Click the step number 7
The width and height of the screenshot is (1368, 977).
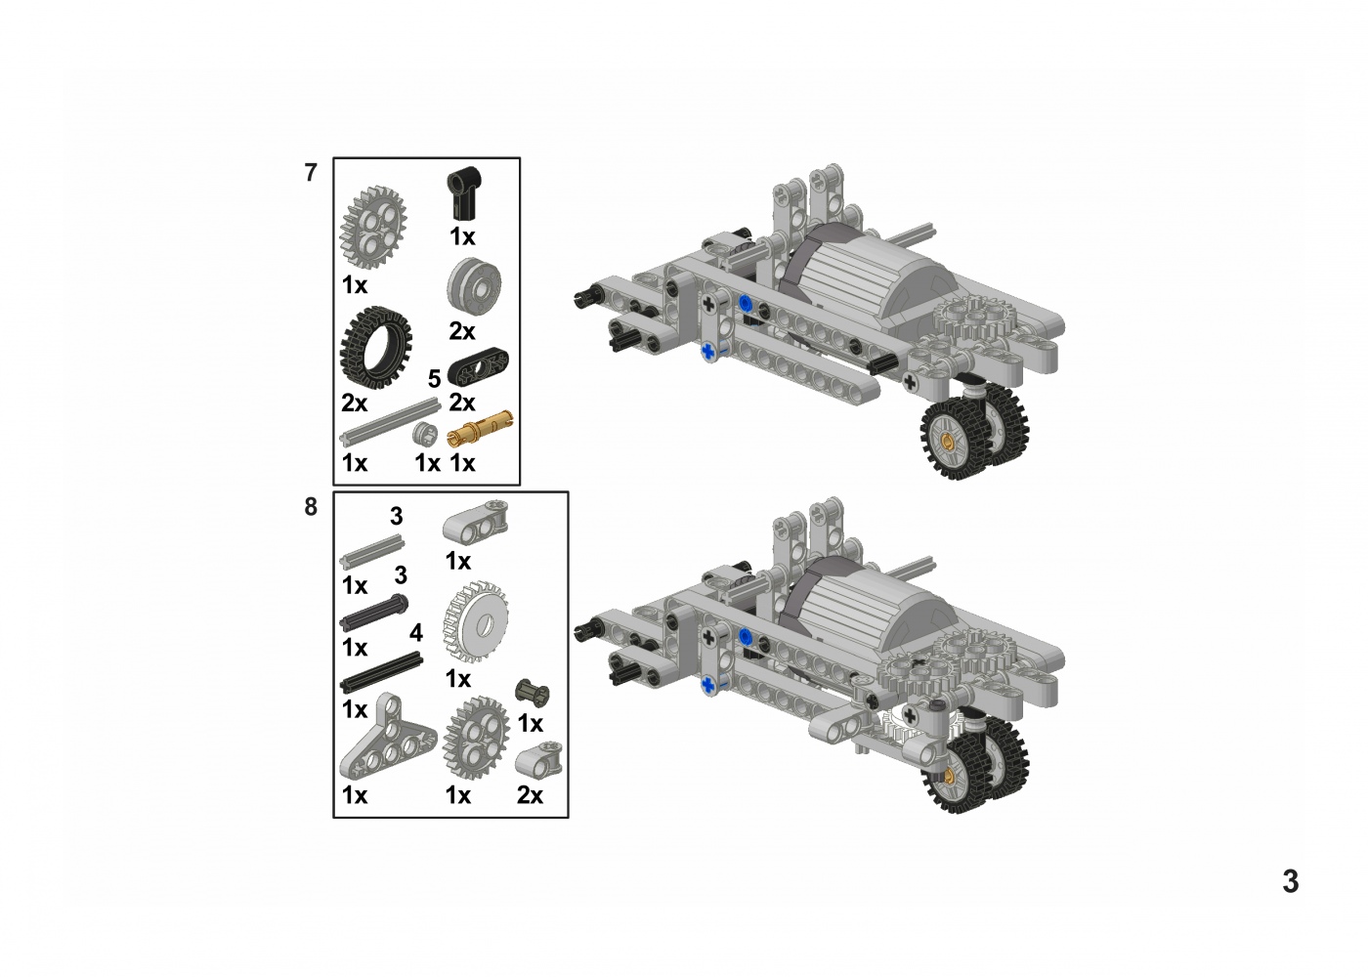tap(311, 173)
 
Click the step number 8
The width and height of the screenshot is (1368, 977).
tap(311, 507)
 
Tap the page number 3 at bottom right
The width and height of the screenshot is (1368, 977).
tap(1290, 881)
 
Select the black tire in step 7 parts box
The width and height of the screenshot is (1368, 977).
tap(375, 348)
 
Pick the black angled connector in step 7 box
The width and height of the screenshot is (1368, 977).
tap(463, 192)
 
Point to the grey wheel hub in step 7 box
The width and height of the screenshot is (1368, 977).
tap(474, 287)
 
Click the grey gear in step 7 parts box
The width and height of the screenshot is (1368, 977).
tap(372, 227)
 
